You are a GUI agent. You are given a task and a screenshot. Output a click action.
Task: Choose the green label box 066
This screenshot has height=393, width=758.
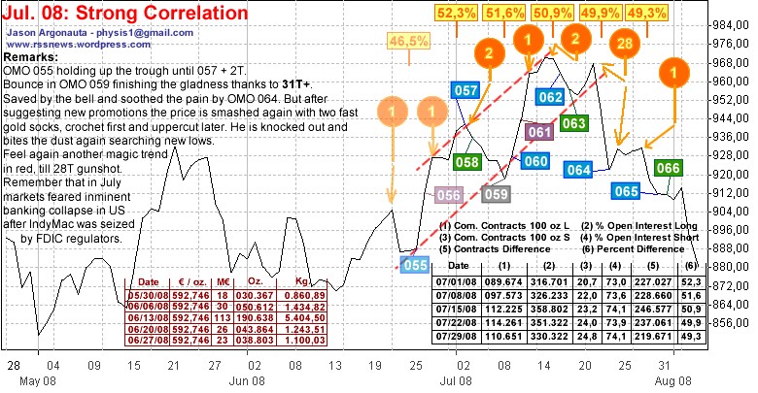[668, 169]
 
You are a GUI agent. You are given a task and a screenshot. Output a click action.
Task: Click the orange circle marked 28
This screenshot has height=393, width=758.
[623, 45]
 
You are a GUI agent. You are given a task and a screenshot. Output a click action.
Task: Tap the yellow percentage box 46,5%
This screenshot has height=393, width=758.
[409, 41]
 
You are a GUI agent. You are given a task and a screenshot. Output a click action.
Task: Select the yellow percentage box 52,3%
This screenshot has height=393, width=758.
[457, 13]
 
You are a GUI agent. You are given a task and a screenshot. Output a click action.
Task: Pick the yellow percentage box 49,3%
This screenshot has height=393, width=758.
[647, 13]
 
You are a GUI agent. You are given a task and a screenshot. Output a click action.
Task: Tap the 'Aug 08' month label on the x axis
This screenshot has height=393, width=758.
[671, 379]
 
